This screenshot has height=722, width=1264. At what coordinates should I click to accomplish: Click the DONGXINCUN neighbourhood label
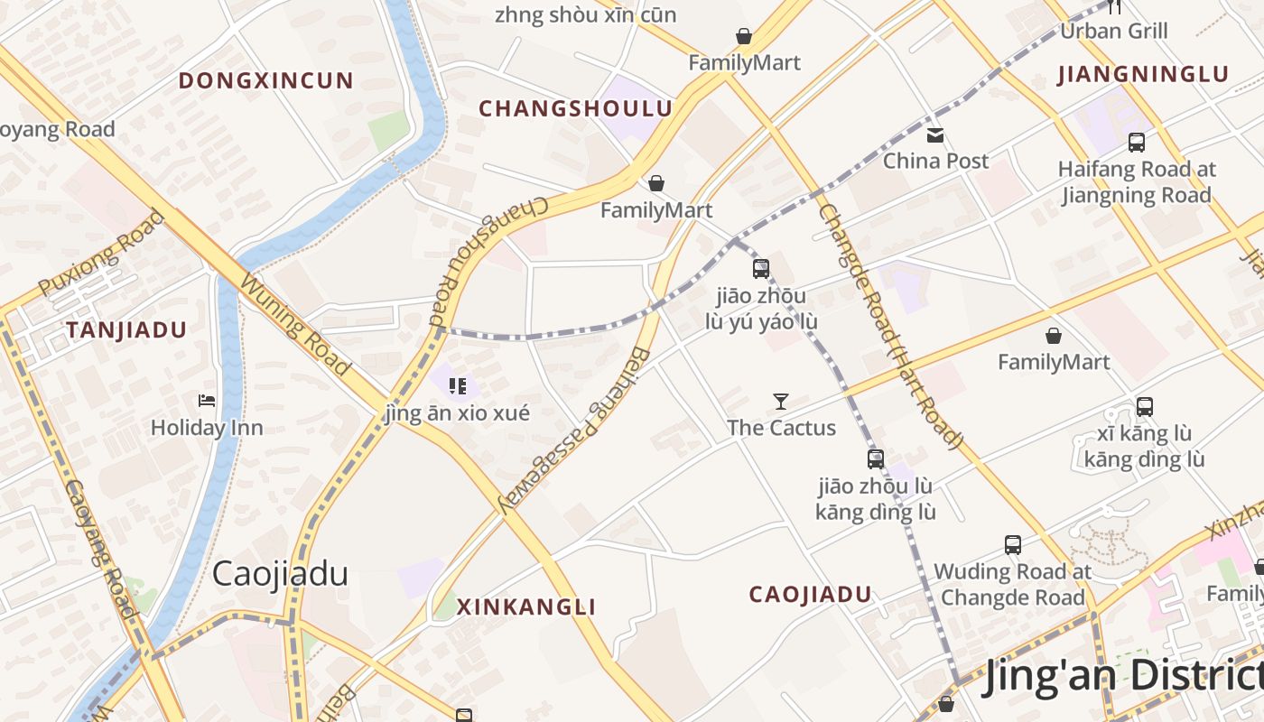(265, 80)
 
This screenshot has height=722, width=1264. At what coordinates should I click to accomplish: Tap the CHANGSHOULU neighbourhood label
(575, 109)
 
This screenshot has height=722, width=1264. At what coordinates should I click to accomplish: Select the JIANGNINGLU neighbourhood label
(1143, 75)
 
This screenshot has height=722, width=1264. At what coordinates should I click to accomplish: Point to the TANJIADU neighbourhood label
(125, 330)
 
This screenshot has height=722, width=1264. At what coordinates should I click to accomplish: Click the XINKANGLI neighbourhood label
(526, 607)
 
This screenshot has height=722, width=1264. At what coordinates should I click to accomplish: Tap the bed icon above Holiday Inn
(207, 400)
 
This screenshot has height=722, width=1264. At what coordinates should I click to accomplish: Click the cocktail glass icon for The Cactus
(781, 402)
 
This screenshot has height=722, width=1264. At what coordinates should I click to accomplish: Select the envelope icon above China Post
(935, 135)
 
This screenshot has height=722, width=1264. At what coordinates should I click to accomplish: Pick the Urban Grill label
(1114, 31)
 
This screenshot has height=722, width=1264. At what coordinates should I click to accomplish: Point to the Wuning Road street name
(294, 324)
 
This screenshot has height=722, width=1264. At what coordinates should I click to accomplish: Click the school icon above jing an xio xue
(458, 386)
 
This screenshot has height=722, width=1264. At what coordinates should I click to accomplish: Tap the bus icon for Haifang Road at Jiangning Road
(1137, 143)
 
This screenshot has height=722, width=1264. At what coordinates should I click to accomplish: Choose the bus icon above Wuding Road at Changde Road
(1013, 545)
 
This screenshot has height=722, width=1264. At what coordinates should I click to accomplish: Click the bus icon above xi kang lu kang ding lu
(1145, 407)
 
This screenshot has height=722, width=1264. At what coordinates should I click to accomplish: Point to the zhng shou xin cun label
(585, 14)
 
